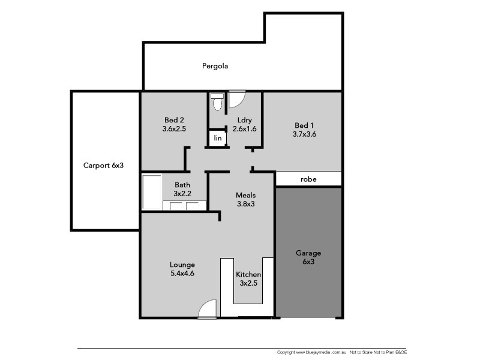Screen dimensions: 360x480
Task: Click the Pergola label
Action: click(215, 66)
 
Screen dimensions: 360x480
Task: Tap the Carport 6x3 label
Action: click(103, 166)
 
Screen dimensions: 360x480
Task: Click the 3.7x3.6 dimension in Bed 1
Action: click(305, 134)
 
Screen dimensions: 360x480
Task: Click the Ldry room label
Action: click(244, 119)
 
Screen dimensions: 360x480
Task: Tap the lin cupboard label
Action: click(218, 139)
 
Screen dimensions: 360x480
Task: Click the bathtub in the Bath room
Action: click(152, 191)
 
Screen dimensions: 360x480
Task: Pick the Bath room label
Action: click(182, 185)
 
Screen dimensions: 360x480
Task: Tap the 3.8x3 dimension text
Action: click(245, 204)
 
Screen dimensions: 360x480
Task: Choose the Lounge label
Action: click(182, 264)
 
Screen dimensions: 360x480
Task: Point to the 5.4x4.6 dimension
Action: click(182, 274)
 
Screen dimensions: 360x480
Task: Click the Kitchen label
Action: click(248, 274)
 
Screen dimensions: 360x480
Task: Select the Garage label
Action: click(308, 253)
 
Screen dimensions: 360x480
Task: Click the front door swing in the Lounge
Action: click(208, 308)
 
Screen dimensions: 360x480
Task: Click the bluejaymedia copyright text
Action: click(311, 352)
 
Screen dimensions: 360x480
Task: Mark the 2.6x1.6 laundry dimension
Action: click(244, 128)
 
